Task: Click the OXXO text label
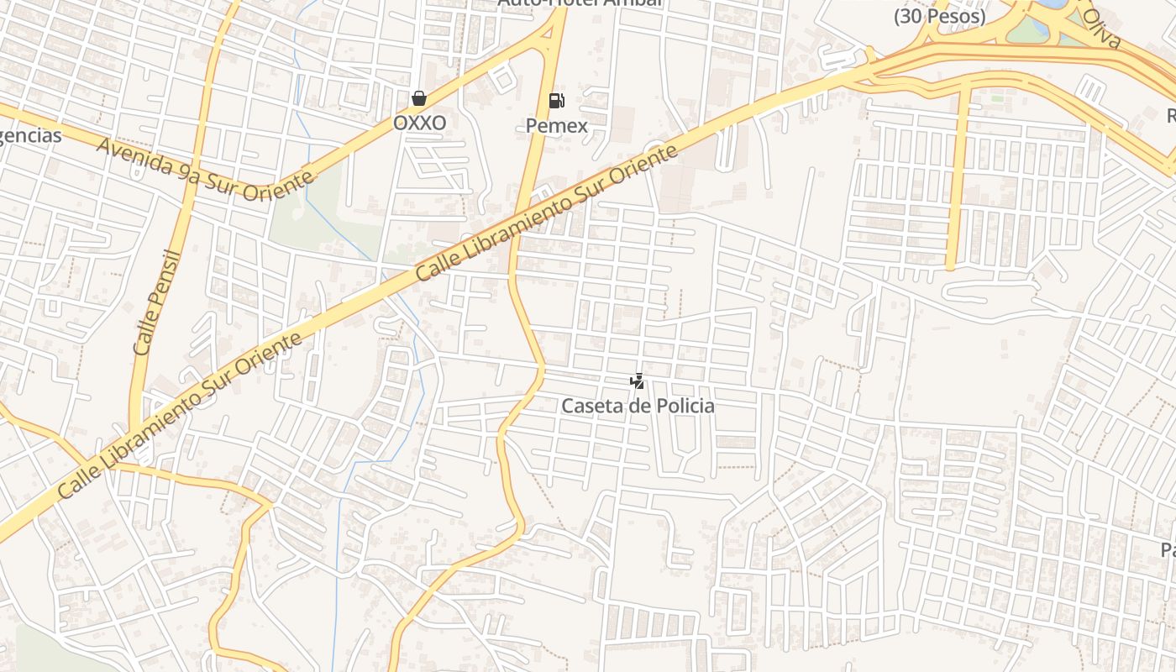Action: click(419, 123)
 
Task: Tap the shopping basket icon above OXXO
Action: click(419, 98)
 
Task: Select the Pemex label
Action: click(556, 125)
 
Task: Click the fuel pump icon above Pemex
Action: click(556, 101)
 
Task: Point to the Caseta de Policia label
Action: click(638, 406)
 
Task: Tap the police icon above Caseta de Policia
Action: click(638, 381)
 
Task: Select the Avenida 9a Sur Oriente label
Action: click(205, 170)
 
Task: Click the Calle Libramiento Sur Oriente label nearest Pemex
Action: click(547, 213)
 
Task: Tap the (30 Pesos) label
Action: click(939, 16)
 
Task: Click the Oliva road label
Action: click(1101, 29)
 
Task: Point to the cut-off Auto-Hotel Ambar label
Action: click(580, 3)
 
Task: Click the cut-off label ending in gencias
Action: click(30, 135)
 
